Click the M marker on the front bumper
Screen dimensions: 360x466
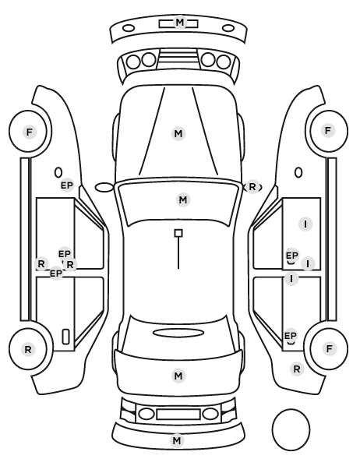[179, 23]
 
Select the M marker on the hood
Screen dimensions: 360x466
[178, 134]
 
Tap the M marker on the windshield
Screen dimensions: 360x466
[183, 199]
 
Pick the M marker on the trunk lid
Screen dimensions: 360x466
[178, 376]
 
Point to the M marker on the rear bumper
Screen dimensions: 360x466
[177, 440]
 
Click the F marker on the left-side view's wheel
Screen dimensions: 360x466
[30, 132]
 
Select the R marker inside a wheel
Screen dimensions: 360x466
[28, 349]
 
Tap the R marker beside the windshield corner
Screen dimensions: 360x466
[252, 187]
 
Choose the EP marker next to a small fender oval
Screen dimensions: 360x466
[67, 185]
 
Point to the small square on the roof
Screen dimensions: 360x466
[178, 233]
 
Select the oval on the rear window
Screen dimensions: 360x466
[178, 333]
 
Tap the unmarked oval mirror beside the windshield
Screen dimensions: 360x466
[104, 187]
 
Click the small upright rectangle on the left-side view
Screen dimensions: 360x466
[65, 337]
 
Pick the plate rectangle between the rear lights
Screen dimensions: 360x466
[178, 414]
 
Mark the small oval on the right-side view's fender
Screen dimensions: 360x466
[298, 173]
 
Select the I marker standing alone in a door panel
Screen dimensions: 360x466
[305, 224]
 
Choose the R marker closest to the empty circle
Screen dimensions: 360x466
[297, 369]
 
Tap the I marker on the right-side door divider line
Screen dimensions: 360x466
[291, 279]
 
